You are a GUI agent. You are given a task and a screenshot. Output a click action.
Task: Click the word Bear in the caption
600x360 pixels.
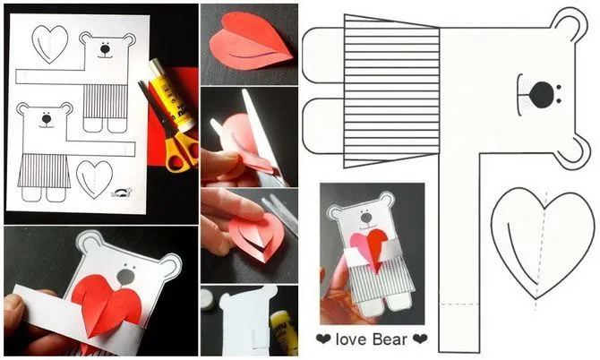(x=390, y=339)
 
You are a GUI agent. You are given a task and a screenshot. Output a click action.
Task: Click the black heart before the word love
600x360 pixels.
(x=323, y=339)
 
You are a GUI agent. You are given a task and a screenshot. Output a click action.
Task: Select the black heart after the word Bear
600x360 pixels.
(x=420, y=339)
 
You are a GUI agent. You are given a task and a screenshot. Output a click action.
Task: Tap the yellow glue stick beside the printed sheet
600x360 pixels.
(x=171, y=94)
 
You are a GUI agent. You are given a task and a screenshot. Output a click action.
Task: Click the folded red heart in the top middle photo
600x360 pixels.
(x=251, y=41)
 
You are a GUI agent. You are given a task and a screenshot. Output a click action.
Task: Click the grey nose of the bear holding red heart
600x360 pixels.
(x=125, y=276)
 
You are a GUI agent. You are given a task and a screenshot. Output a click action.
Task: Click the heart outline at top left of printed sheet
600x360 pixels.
(x=50, y=44)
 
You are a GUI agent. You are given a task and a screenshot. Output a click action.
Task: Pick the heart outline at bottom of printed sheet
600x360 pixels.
(x=94, y=179)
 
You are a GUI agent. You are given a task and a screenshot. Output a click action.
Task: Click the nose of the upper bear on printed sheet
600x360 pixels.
(x=105, y=49)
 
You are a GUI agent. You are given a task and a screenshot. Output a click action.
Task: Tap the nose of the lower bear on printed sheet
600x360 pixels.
(x=47, y=119)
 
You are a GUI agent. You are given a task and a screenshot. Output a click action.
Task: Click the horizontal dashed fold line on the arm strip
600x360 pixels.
(x=459, y=304)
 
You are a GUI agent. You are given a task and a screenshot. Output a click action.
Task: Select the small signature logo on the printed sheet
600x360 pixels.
(x=122, y=193)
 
